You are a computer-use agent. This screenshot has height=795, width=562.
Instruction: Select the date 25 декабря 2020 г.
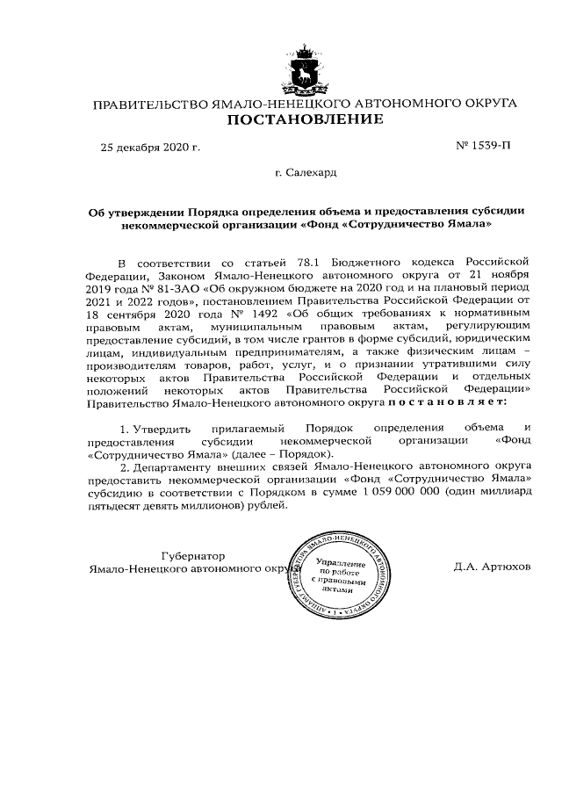click(x=150, y=147)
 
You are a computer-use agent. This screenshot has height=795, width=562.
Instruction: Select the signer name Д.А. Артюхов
click(x=493, y=567)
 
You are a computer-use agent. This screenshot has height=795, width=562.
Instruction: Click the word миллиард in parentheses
click(x=506, y=493)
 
